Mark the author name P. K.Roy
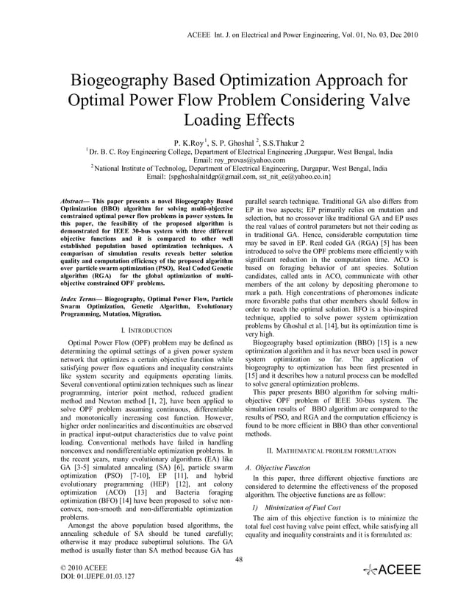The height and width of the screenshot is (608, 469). [190, 141]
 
